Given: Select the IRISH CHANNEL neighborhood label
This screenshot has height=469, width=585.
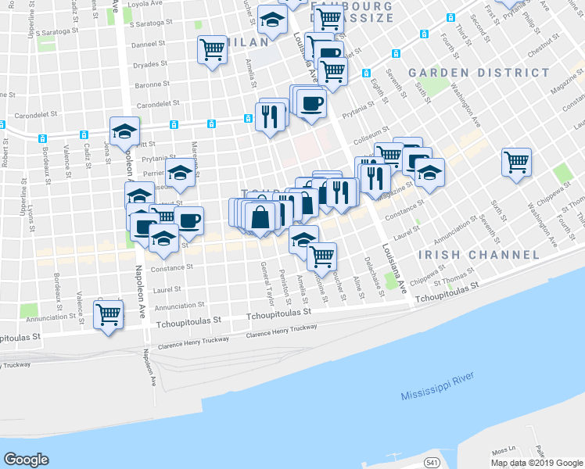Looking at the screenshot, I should (479, 255).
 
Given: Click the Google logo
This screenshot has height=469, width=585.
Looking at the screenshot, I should (26, 460).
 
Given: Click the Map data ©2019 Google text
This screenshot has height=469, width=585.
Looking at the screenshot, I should (537, 463).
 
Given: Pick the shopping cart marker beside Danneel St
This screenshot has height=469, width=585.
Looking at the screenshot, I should (212, 51).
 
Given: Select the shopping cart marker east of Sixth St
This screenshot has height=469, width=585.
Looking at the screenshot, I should (516, 163).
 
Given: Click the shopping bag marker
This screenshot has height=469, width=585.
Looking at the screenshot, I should (260, 216).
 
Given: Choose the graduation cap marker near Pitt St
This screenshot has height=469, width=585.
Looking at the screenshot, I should (124, 133).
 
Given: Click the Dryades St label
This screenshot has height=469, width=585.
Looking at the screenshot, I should (151, 64).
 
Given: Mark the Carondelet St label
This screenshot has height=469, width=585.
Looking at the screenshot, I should (158, 102).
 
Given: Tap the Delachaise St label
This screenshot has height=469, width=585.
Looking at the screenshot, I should (373, 274).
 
